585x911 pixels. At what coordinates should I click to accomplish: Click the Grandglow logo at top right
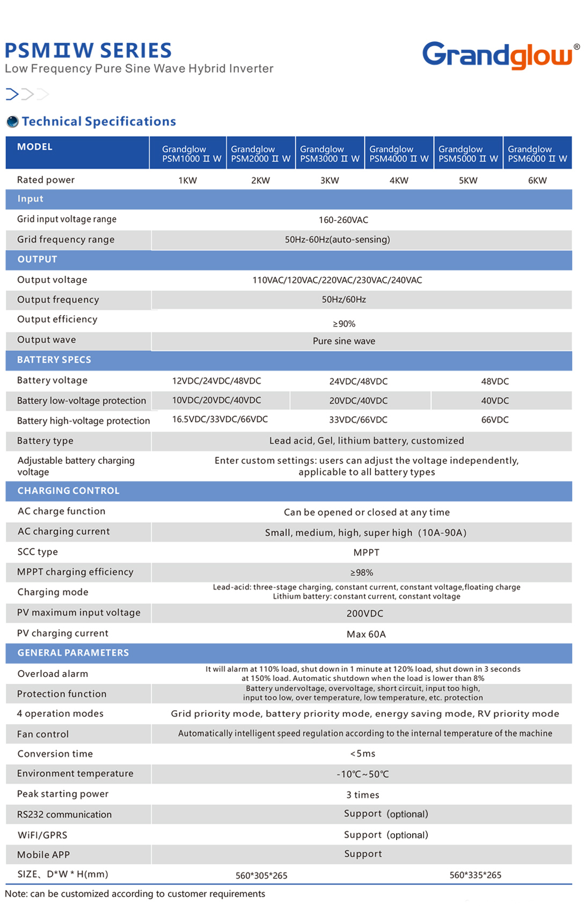[x=498, y=55]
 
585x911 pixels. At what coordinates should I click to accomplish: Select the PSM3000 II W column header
[x=330, y=154]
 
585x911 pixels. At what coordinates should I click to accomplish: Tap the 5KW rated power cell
[x=468, y=180]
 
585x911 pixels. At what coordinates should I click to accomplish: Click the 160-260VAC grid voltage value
[x=343, y=220]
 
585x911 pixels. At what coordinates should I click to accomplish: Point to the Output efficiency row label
[x=57, y=319]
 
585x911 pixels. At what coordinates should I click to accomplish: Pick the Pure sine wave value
[x=344, y=341]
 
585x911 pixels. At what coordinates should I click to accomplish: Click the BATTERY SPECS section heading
[x=54, y=360]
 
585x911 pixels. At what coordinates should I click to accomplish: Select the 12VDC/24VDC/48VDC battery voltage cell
[x=216, y=381]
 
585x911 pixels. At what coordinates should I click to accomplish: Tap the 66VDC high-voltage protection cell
[x=495, y=420]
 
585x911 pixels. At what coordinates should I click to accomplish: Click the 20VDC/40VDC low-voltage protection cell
[x=359, y=401]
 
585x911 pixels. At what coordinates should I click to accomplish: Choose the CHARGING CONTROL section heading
[x=68, y=491]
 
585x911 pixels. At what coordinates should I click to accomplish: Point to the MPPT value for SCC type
[x=367, y=552]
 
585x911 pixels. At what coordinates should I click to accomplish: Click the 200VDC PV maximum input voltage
[x=365, y=614]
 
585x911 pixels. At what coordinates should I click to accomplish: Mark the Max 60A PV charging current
[x=366, y=635]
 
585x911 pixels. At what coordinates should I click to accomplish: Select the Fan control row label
[x=43, y=734]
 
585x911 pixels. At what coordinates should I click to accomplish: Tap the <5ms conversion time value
[x=363, y=754]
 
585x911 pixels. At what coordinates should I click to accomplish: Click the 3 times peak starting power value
[x=363, y=795]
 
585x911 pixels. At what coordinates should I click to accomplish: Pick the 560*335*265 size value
[x=476, y=876]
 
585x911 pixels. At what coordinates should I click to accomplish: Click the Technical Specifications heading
[x=99, y=122]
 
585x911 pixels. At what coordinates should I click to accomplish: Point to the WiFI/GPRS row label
[x=42, y=835]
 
